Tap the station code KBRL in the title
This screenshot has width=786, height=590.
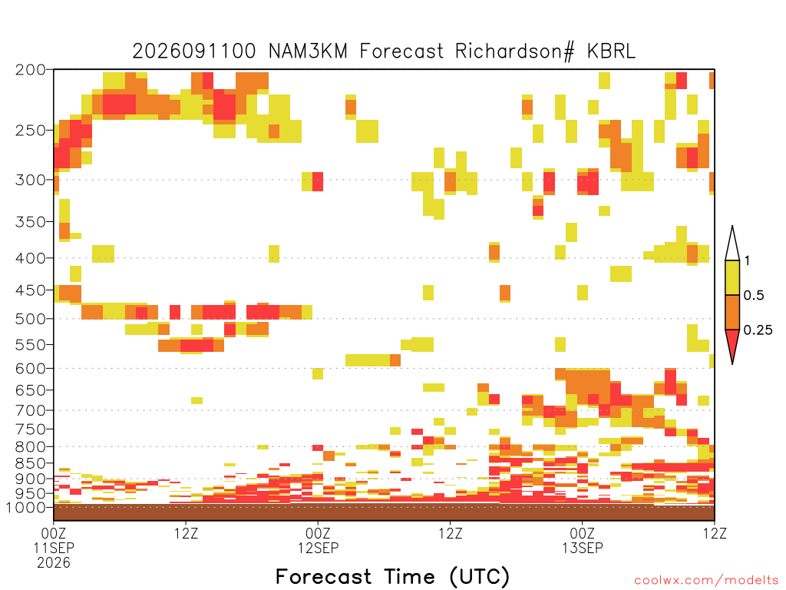610,51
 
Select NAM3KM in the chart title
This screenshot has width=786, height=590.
308,51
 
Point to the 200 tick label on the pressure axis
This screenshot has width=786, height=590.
31,70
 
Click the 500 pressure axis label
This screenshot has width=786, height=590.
31,319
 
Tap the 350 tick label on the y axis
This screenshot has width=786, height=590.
31,222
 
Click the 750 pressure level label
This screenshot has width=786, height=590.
31,429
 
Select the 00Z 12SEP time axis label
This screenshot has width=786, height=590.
318,540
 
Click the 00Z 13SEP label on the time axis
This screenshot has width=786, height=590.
582,540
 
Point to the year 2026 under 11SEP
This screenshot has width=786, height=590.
54,563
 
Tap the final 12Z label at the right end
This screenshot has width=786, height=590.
715,533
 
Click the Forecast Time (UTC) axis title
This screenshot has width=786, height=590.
392,576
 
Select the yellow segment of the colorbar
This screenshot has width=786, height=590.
732,277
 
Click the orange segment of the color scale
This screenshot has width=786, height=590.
732,312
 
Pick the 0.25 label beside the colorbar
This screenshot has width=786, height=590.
758,330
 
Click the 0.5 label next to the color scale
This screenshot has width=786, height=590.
754,296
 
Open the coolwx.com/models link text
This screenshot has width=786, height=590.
707,581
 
